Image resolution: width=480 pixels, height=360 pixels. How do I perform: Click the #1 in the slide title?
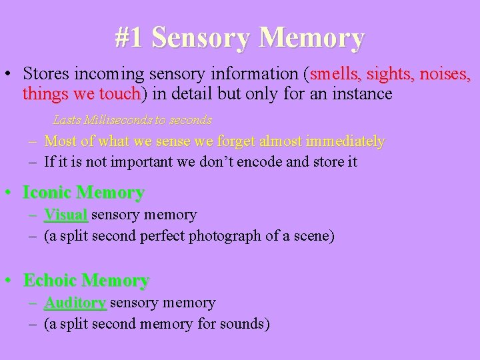coord(129,37)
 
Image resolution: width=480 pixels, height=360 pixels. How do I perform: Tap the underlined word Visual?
coord(65,215)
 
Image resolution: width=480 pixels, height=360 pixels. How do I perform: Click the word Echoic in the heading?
coord(50,280)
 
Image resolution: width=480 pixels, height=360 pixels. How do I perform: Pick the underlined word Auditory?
coord(75,303)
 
